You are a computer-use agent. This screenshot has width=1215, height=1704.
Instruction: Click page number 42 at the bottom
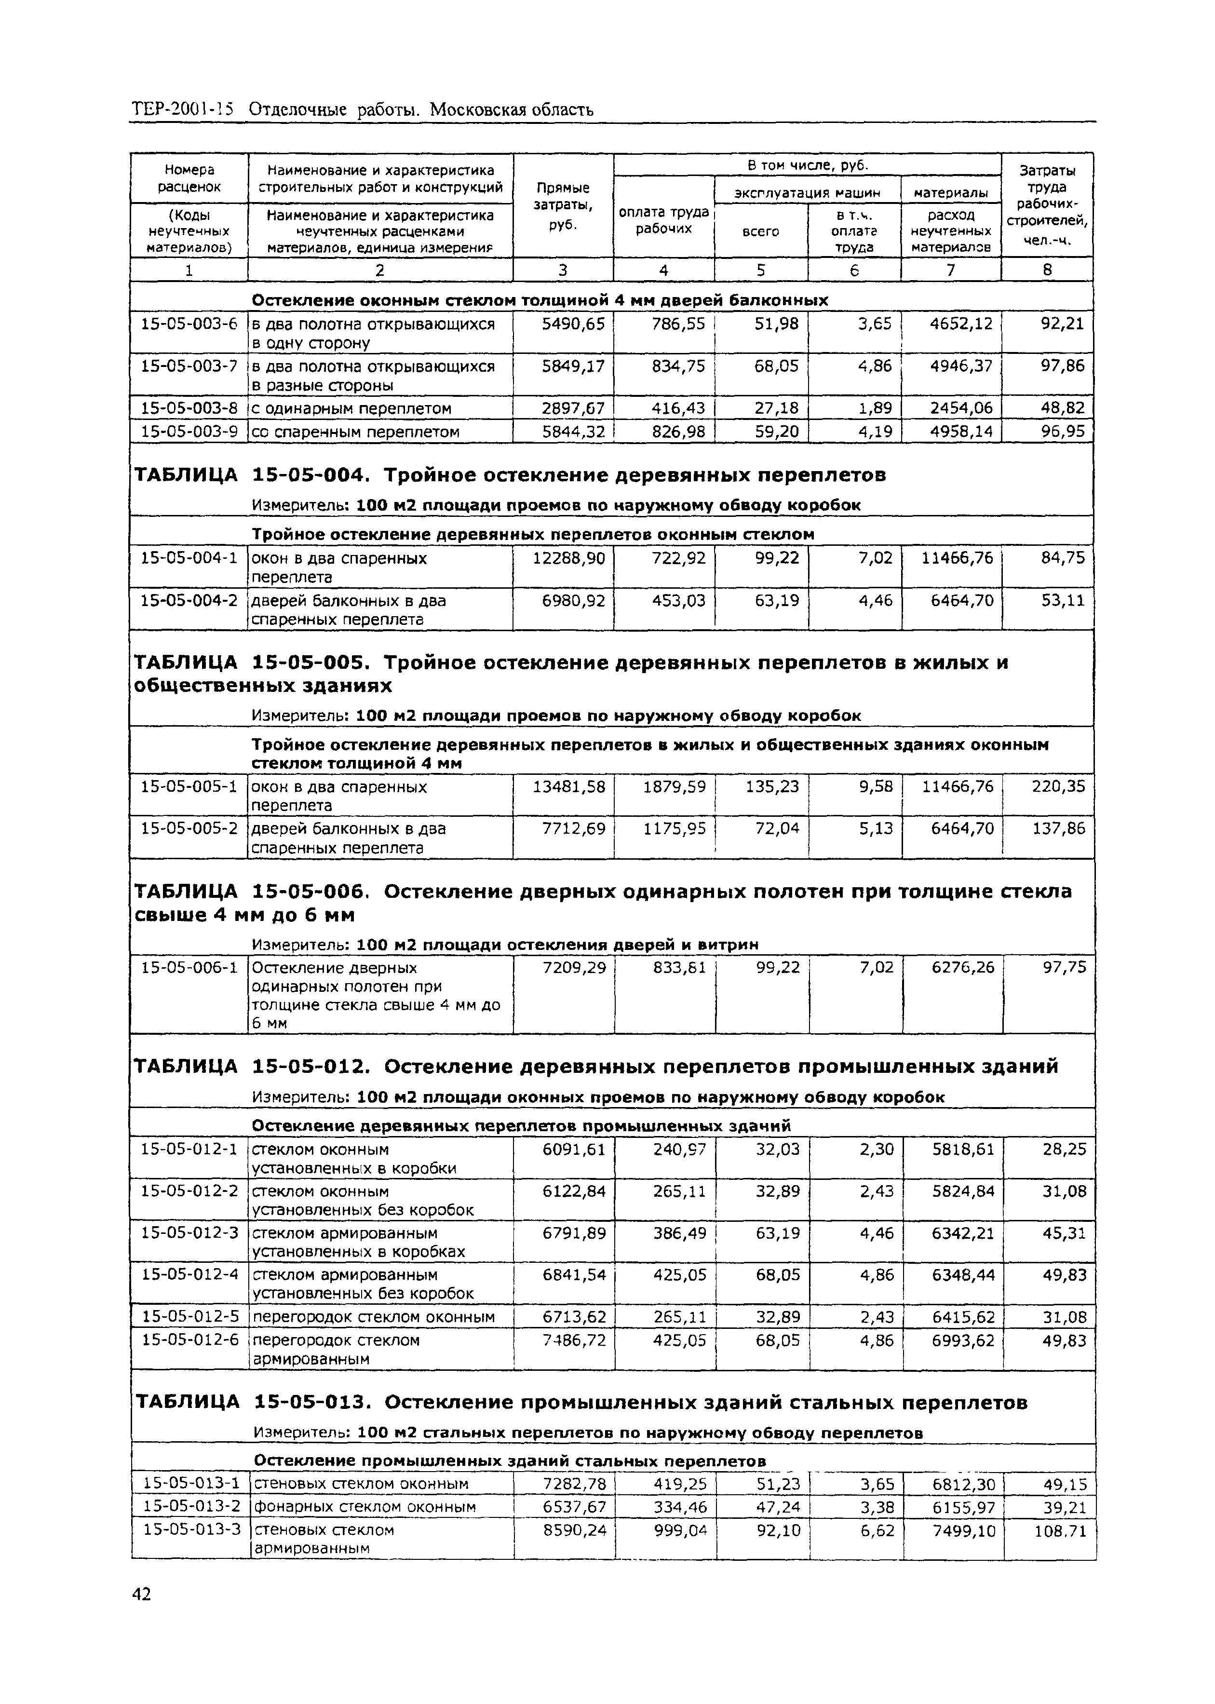tap(141, 1594)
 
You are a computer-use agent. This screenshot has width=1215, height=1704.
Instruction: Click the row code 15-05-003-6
tap(189, 324)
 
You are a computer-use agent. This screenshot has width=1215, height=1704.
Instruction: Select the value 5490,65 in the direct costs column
tap(573, 324)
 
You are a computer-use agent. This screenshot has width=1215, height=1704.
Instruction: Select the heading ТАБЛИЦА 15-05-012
tap(251, 1067)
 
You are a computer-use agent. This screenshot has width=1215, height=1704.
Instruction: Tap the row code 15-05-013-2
tap(191, 1506)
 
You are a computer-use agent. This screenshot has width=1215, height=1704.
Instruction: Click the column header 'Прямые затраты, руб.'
tap(563, 206)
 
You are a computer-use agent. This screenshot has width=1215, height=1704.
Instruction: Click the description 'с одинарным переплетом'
tap(351, 408)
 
